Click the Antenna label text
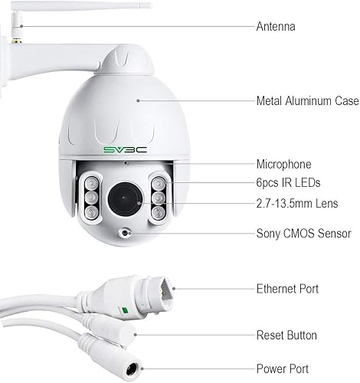tap(275, 27)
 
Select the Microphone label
tap(283, 164)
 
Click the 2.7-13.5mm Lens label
tap(297, 204)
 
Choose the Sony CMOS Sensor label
tap(303, 234)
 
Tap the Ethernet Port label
tap(287, 289)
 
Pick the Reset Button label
tap(286, 336)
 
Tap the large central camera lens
tap(123, 198)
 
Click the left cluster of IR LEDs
tap(89, 198)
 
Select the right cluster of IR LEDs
tap(159, 198)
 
